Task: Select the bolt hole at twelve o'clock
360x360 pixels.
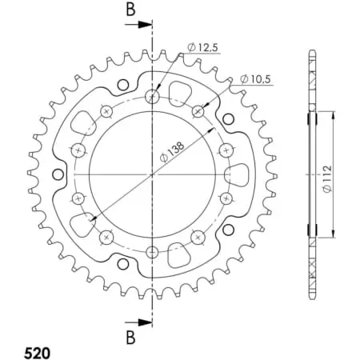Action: click(x=152, y=98)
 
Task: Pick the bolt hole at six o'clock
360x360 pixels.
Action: click(x=152, y=252)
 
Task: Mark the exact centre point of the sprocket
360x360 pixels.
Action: click(x=152, y=174)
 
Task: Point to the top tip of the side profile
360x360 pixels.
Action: click(x=311, y=54)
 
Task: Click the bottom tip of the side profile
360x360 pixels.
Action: click(x=311, y=295)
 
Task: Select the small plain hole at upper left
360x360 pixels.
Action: click(x=122, y=86)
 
